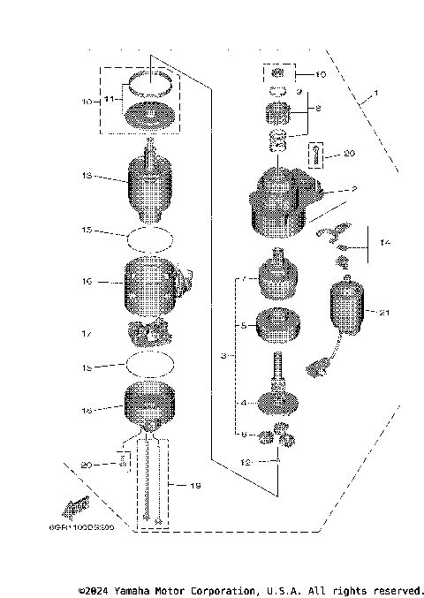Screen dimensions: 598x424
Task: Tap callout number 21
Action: (x=383, y=313)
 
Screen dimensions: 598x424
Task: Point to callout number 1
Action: (x=375, y=94)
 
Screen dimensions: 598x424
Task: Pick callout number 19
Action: (x=182, y=485)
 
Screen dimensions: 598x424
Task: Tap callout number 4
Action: (x=244, y=402)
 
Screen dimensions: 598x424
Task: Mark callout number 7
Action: (x=244, y=280)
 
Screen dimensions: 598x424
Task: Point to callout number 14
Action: (x=383, y=241)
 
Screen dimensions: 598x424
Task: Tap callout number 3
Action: (x=224, y=357)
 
